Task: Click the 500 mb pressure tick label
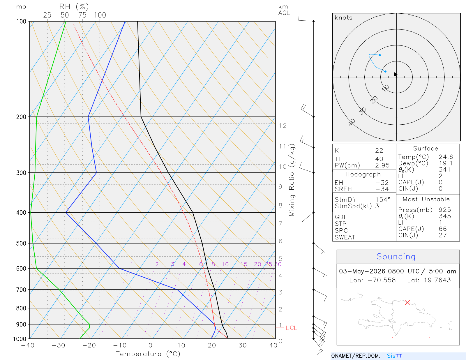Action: point(21,243)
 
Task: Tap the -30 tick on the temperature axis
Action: point(58,345)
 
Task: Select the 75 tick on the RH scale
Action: point(82,15)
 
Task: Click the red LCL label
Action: point(292,328)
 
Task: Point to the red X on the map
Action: point(407,303)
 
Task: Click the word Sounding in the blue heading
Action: point(396,257)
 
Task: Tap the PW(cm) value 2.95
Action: point(382,165)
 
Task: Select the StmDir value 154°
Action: point(383,200)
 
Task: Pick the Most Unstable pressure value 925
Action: point(445,210)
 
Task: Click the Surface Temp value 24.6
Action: point(446,157)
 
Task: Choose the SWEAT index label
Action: point(345,237)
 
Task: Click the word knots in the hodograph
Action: point(344,17)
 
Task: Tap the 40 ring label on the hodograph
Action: point(352,122)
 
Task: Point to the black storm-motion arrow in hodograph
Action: point(395,74)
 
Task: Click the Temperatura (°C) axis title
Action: point(148,354)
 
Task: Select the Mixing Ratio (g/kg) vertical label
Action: point(292,180)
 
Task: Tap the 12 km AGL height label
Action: point(283,126)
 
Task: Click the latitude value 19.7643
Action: point(437,280)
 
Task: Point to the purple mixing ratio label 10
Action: point(225,264)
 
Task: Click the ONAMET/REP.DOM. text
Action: point(356,356)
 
